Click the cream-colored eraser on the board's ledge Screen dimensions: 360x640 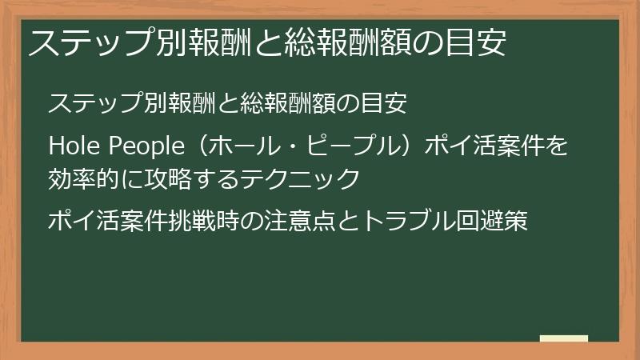tap(563, 338)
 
